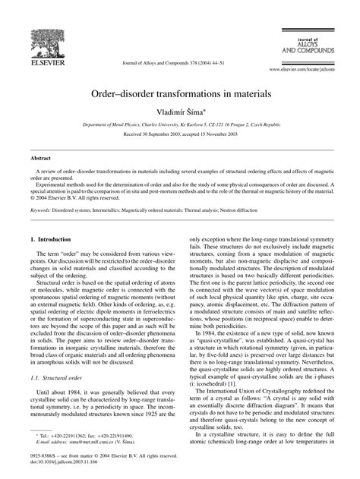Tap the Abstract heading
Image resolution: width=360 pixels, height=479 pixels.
click(x=41, y=159)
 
